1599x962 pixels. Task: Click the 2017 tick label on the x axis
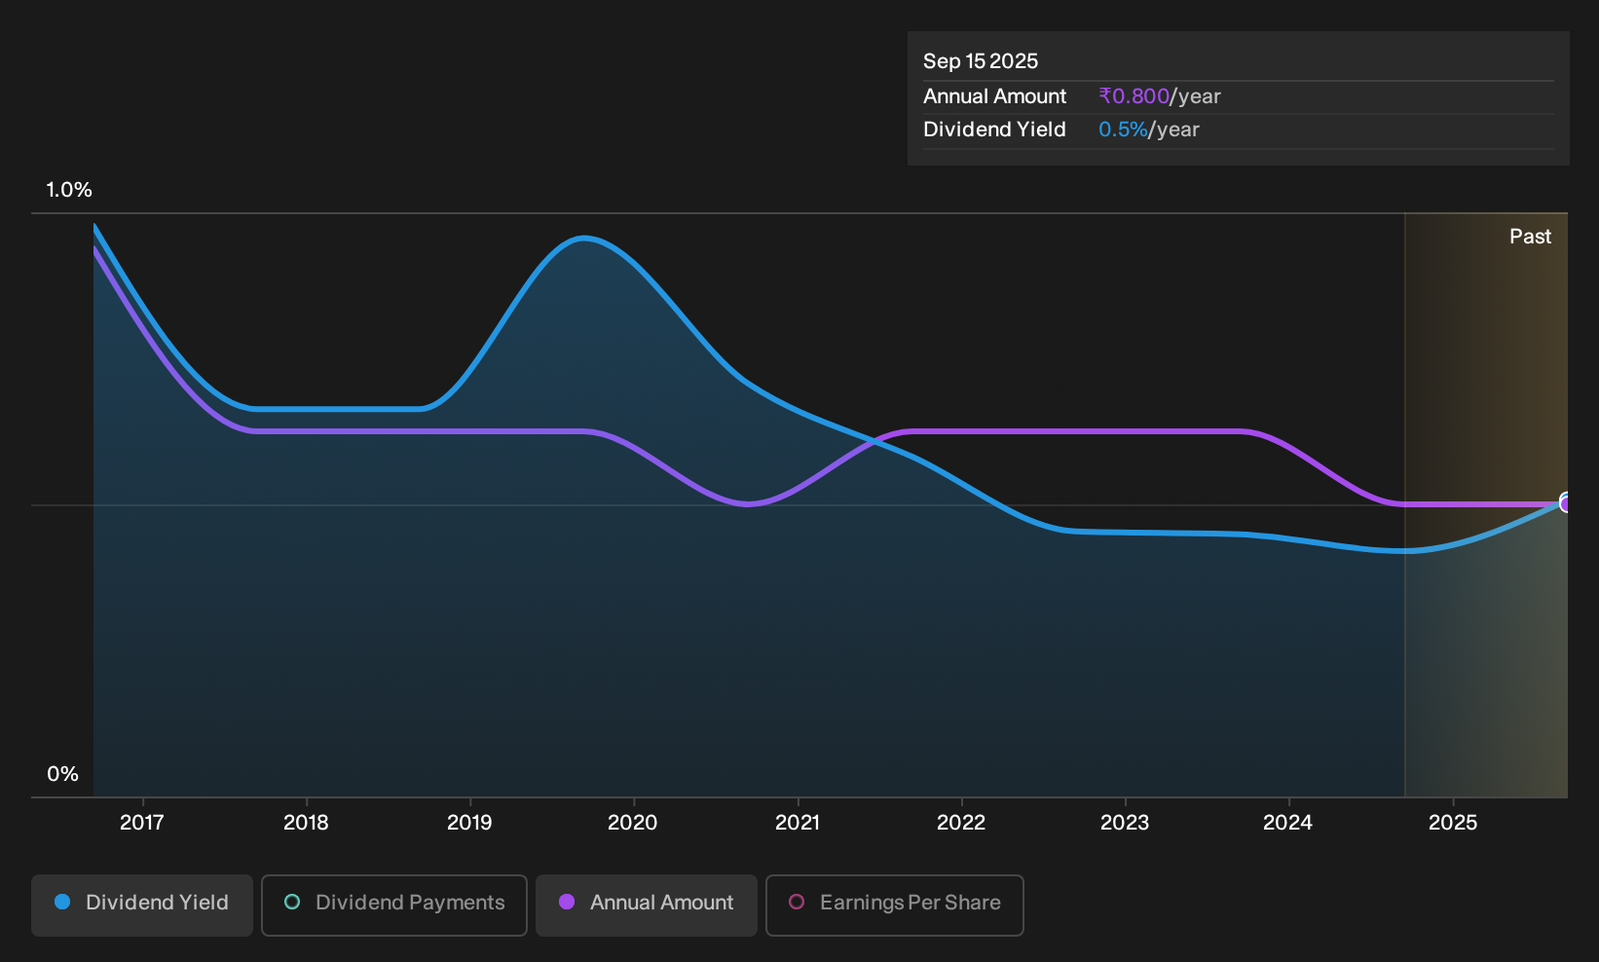142,823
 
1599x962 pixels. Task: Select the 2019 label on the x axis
469,823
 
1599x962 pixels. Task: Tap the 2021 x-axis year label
798,823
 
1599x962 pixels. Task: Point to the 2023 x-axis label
1125,823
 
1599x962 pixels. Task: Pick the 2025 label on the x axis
1453,823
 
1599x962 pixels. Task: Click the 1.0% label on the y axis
69,190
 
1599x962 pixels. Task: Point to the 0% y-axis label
63,774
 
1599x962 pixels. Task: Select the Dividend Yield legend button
142,905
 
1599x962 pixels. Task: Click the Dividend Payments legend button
394,905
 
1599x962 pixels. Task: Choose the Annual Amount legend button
646,905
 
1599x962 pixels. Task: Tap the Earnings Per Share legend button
894,905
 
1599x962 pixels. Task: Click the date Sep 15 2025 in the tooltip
980,61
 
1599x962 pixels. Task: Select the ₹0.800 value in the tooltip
1134,95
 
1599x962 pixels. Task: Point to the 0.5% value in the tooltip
1123,129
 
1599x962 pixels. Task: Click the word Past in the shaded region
1530,237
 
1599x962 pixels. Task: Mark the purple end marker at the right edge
1564,504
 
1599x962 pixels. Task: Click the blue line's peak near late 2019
584,239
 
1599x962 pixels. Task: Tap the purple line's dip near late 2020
747,503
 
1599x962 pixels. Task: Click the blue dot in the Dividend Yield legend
63,902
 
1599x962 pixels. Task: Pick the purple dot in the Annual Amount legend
567,902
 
